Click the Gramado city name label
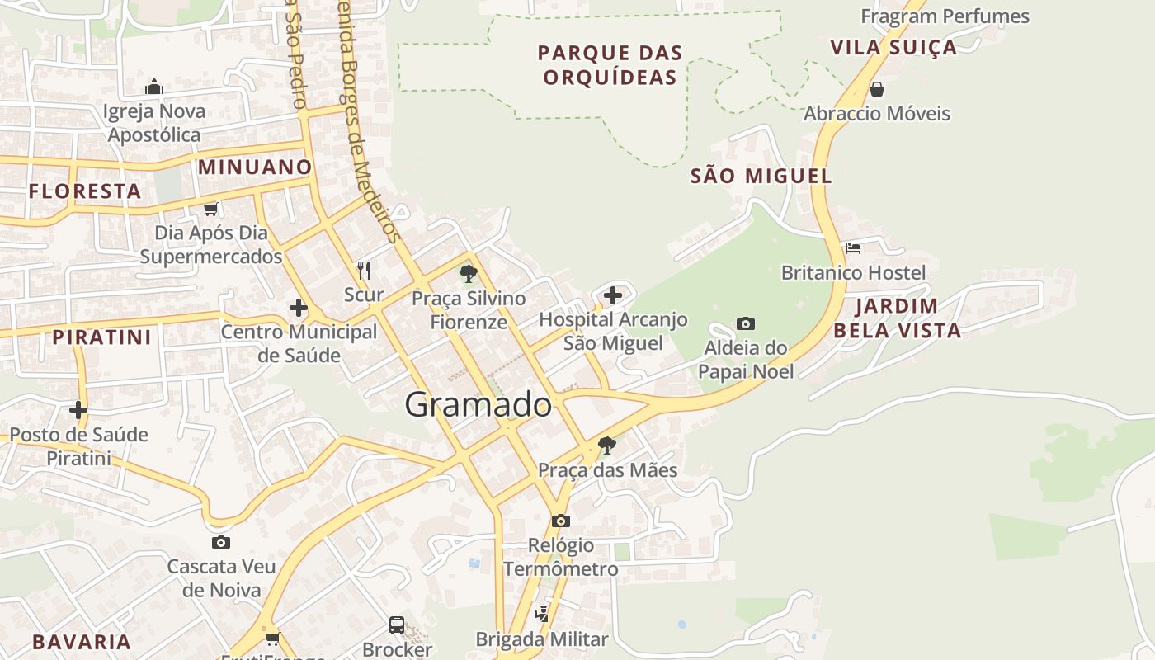pyautogui.click(x=478, y=405)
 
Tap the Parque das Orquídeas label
pyautogui.click(x=610, y=65)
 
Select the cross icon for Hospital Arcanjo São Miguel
pyautogui.click(x=613, y=295)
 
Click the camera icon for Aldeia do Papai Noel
pyautogui.click(x=746, y=323)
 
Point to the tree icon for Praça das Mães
pyautogui.click(x=607, y=445)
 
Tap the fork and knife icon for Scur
pyautogui.click(x=364, y=270)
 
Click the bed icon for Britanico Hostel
pyautogui.click(x=853, y=247)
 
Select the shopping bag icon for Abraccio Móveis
pyautogui.click(x=877, y=88)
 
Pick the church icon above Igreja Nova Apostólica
pyautogui.click(x=154, y=87)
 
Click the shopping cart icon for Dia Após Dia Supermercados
pyautogui.click(x=211, y=209)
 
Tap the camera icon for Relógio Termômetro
pyautogui.click(x=561, y=521)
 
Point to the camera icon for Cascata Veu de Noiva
pyautogui.click(x=221, y=542)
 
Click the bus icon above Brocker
pyautogui.click(x=397, y=625)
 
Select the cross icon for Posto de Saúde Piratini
pyautogui.click(x=78, y=409)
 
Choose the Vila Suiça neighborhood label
pyautogui.click(x=893, y=47)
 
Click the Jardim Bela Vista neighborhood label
pyautogui.click(x=897, y=318)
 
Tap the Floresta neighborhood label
pyautogui.click(x=85, y=191)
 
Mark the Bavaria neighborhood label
pyautogui.click(x=82, y=642)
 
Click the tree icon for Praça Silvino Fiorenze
pyautogui.click(x=469, y=273)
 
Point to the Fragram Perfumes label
pyautogui.click(x=945, y=16)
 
